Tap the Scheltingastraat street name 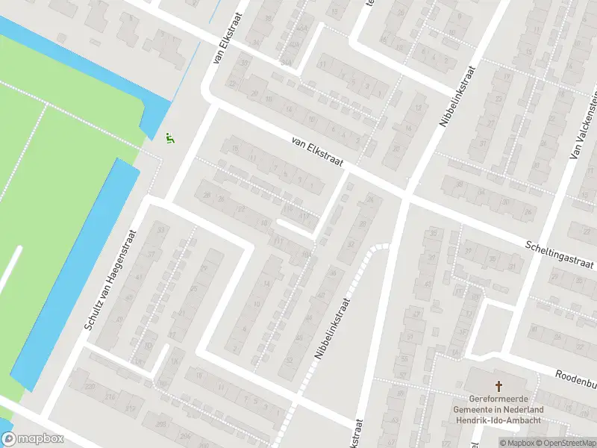[559, 255]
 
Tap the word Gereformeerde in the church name [498, 399]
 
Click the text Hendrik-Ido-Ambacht [498, 420]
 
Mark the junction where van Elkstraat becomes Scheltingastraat [405, 196]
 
